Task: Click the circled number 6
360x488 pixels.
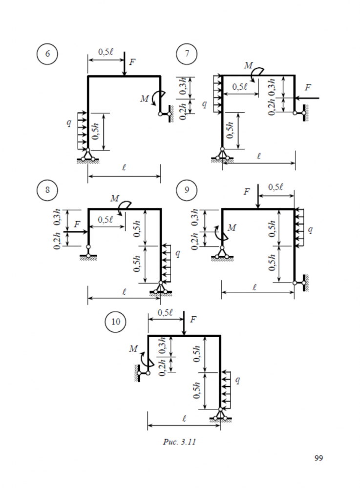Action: (47, 54)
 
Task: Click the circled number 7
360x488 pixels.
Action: (187, 54)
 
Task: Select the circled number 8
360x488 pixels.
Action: (47, 189)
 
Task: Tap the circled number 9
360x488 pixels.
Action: (187, 189)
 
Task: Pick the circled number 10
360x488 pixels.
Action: (116, 321)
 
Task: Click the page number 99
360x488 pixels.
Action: (318, 458)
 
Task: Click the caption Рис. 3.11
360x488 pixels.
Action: (179, 442)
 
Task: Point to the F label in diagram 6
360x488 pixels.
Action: (132, 62)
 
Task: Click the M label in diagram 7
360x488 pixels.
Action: (249, 66)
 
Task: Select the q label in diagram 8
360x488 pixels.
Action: (177, 253)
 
